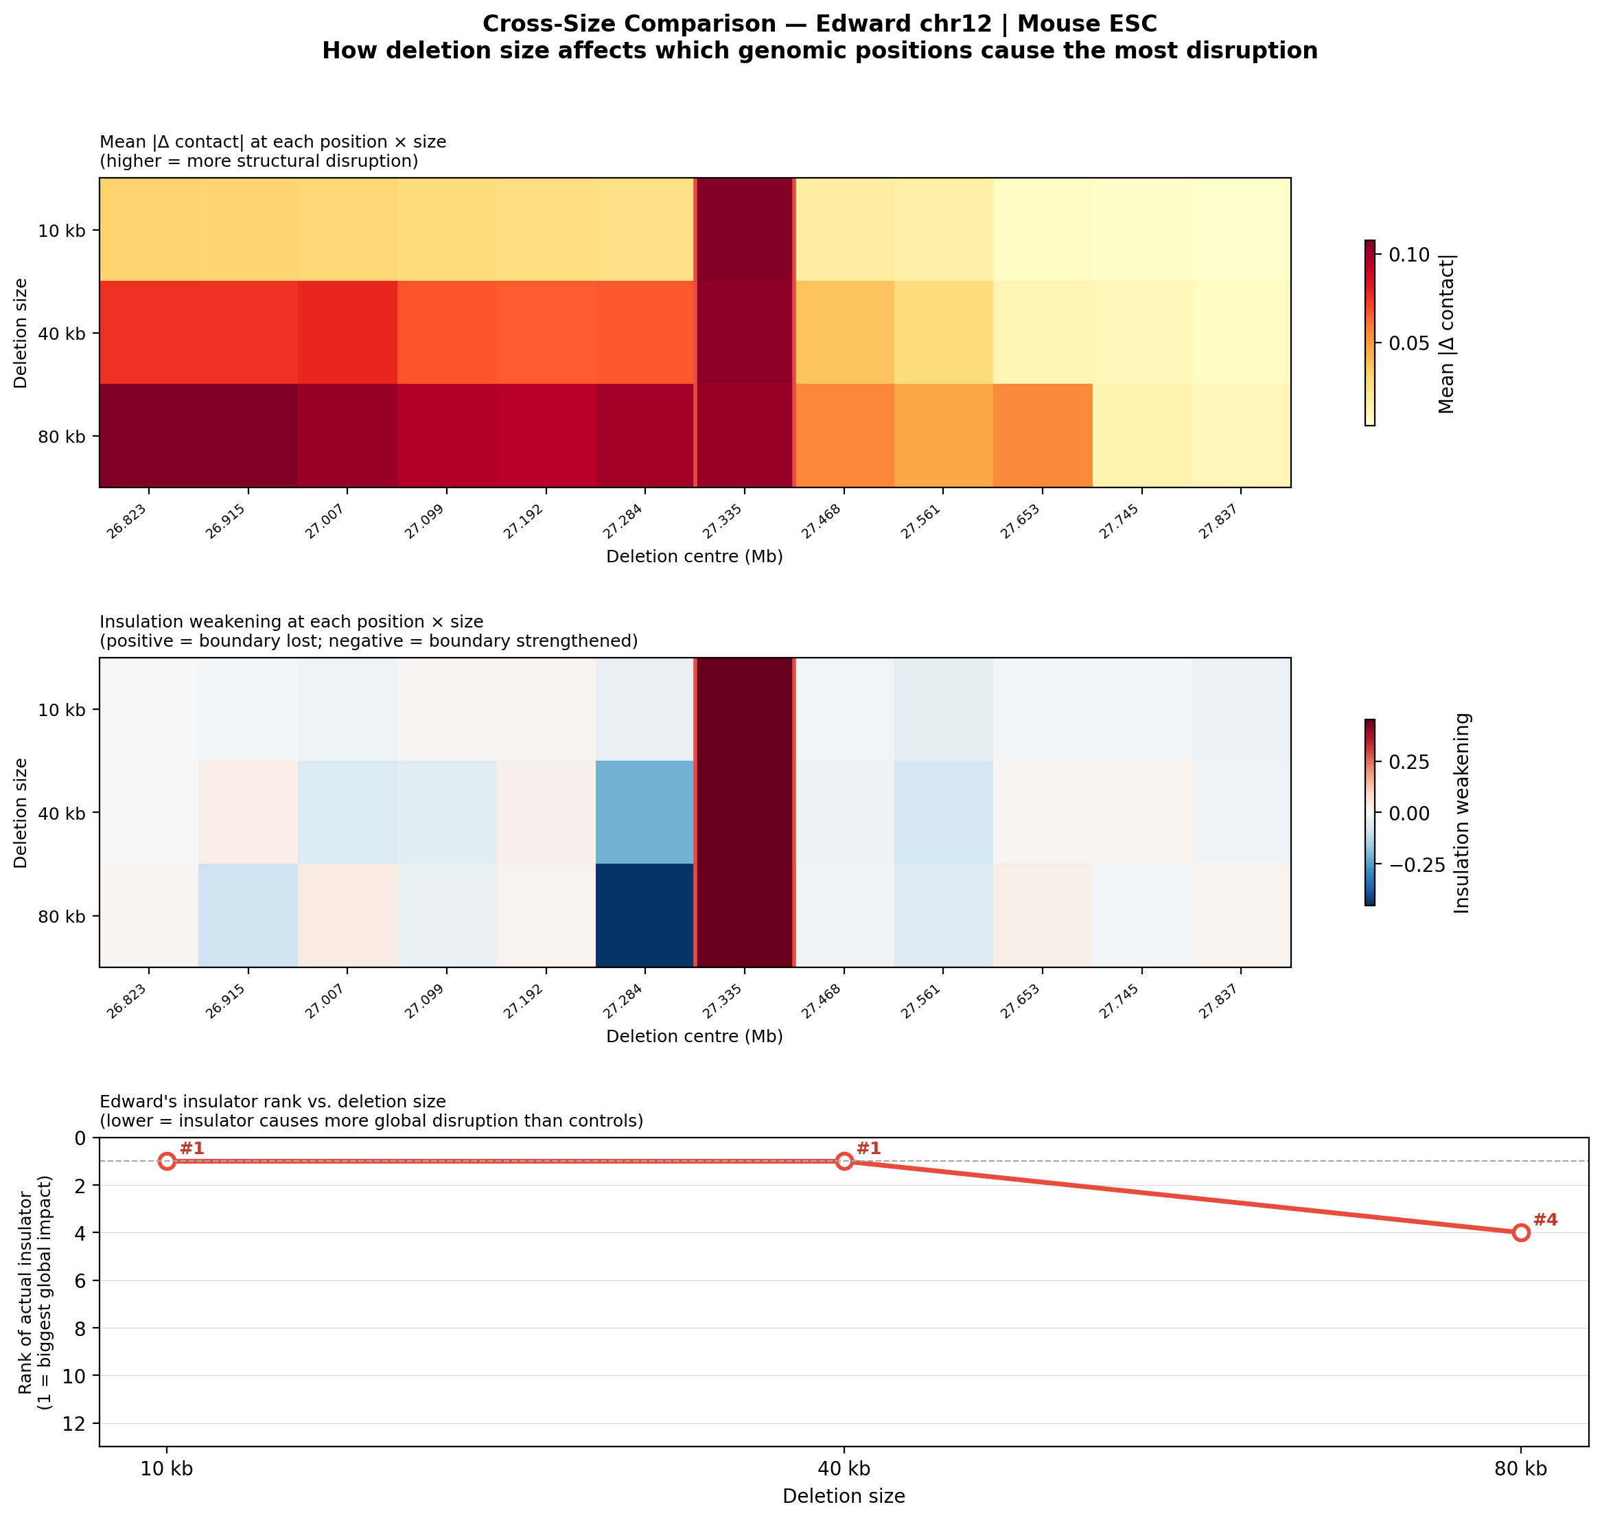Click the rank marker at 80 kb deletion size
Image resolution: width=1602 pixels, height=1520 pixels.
(x=1521, y=1232)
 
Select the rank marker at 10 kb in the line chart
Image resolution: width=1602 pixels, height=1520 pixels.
(x=167, y=1161)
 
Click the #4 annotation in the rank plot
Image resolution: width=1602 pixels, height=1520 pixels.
(x=1545, y=1220)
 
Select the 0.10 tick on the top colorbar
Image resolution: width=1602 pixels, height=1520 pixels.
(x=1409, y=255)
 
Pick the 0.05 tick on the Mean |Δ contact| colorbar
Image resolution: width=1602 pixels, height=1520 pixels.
(x=1409, y=343)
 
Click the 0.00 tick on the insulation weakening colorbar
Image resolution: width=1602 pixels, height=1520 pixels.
(x=1409, y=814)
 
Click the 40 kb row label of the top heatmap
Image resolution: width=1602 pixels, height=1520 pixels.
(x=62, y=333)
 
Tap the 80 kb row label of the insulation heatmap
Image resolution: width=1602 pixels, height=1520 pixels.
(x=62, y=917)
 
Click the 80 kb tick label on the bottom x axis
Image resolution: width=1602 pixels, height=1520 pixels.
(x=1520, y=1468)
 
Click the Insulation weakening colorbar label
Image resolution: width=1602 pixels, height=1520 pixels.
(x=1462, y=813)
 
